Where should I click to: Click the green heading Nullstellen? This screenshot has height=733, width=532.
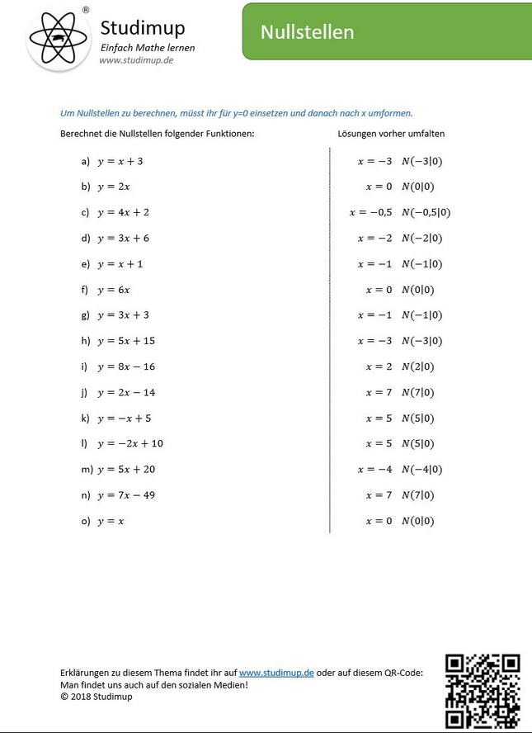[x=307, y=32]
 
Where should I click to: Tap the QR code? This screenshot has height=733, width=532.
[x=483, y=690]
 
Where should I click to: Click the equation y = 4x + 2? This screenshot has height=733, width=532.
[x=123, y=213]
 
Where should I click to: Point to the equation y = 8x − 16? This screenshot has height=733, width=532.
[x=126, y=366]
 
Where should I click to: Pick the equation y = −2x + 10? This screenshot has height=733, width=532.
[x=130, y=443]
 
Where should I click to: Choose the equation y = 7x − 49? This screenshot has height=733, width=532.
[x=126, y=495]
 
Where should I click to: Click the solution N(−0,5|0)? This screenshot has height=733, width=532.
[x=426, y=213]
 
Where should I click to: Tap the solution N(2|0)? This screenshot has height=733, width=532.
[x=417, y=366]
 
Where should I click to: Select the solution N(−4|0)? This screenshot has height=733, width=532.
[x=421, y=470]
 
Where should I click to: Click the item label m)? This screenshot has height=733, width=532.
[x=86, y=470]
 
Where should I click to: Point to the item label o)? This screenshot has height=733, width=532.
[x=86, y=521]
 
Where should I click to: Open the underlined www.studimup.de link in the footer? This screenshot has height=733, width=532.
[x=276, y=673]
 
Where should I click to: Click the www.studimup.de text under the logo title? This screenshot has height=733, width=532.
[x=136, y=60]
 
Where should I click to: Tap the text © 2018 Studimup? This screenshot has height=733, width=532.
[x=97, y=697]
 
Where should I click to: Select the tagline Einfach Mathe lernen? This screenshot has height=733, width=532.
[x=148, y=47]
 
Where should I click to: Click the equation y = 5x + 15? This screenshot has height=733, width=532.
[x=126, y=341]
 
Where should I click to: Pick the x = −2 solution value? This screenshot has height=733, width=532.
[x=374, y=239]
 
